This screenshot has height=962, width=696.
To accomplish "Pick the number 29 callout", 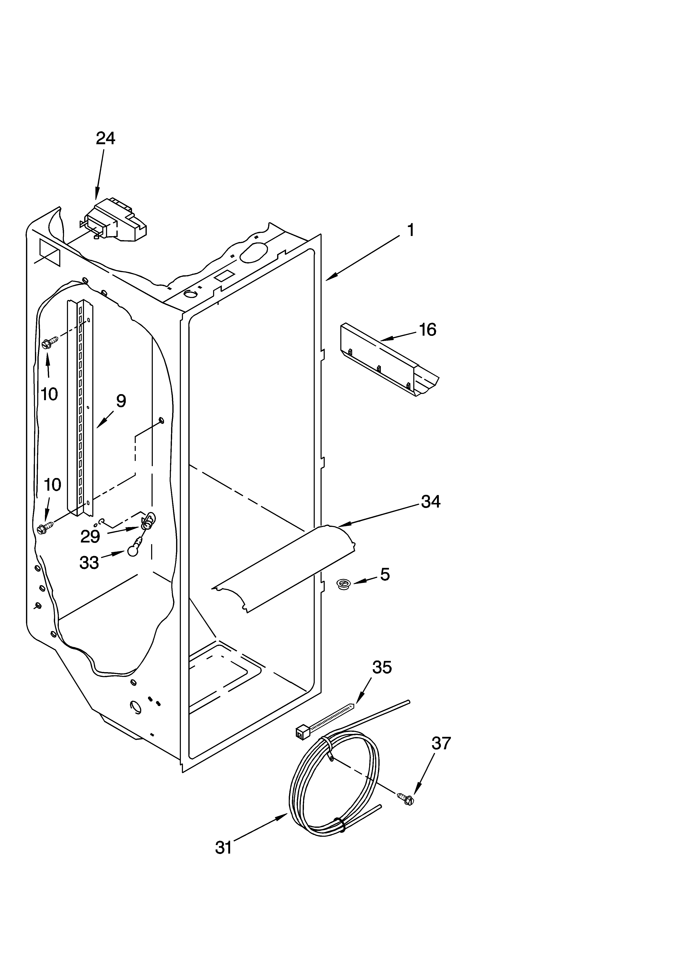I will pos(90,537).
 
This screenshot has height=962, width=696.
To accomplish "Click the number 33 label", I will pos(89,563).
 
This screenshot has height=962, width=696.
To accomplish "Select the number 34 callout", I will pos(431,502).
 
